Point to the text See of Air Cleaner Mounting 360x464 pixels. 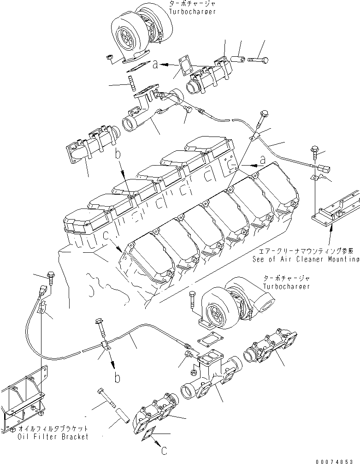click(x=306, y=259)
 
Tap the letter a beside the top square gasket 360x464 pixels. click(x=156, y=65)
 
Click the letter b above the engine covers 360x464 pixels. click(x=118, y=155)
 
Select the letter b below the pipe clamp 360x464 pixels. click(x=118, y=378)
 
